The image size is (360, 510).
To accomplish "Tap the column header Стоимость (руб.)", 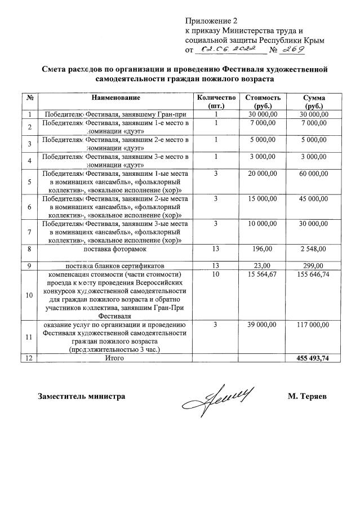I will pos(263,101).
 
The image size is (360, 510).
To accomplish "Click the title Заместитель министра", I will pos(81,396).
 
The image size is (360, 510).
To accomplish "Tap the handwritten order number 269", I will pos(293,50).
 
